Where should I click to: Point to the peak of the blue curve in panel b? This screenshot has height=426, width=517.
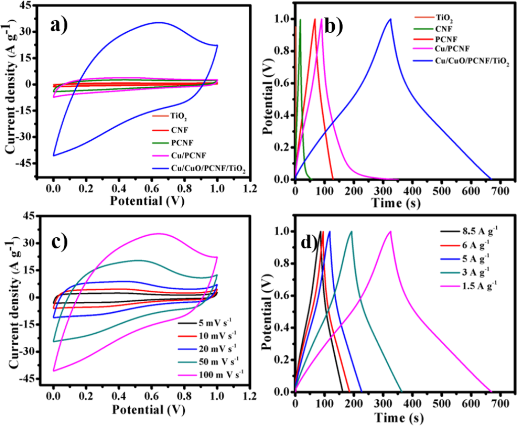(x=390, y=19)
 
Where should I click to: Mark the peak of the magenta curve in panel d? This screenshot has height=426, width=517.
(x=390, y=232)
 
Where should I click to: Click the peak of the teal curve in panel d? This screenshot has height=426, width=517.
(x=351, y=232)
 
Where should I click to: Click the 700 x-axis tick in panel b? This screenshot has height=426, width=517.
(x=500, y=191)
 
